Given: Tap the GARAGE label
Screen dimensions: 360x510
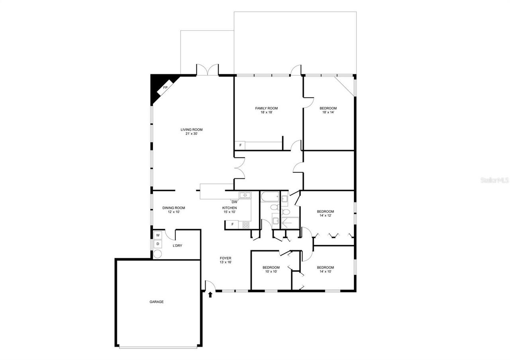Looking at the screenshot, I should pyautogui.click(x=157, y=302).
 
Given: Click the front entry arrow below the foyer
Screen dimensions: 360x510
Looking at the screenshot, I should pyautogui.click(x=210, y=295).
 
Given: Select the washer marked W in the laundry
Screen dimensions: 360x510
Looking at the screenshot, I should pyautogui.click(x=158, y=235).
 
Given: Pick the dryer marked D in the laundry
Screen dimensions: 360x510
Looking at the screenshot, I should pyautogui.click(x=158, y=244).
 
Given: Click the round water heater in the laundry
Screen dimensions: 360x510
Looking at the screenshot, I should pyautogui.click(x=158, y=254).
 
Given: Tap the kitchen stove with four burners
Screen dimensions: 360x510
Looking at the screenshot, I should pyautogui.click(x=246, y=225).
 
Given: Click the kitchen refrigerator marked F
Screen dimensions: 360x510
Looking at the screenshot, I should pyautogui.click(x=232, y=225).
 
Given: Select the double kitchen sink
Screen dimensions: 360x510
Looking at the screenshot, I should pyautogui.click(x=245, y=195).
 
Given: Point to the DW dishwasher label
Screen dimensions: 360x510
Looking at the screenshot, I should pyautogui.click(x=234, y=202).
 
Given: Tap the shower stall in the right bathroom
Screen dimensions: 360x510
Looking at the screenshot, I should pyautogui.click(x=290, y=223).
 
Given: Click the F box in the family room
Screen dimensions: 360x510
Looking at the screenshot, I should pyautogui.click(x=240, y=145).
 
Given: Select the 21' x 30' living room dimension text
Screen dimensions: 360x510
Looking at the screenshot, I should pyautogui.click(x=192, y=134).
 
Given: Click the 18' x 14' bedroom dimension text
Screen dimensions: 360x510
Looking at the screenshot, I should pyautogui.click(x=328, y=112).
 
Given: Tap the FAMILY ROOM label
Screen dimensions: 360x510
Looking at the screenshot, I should pyautogui.click(x=266, y=108).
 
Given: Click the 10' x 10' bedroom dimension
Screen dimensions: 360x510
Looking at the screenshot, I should pyautogui.click(x=271, y=272).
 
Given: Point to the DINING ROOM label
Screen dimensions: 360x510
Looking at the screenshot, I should pyautogui.click(x=174, y=208).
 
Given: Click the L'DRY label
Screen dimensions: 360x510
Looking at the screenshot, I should pyautogui.click(x=177, y=246).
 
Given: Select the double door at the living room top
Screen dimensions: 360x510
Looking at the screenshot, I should pyautogui.click(x=207, y=70).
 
